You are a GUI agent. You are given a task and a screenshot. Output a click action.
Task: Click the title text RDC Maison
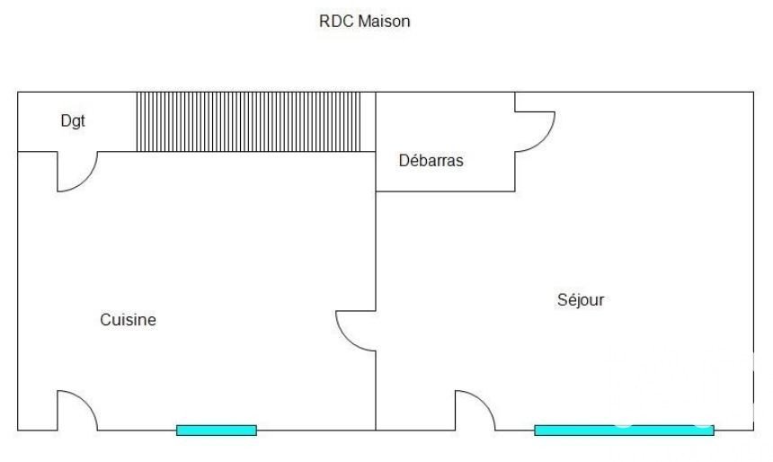[x=364, y=22]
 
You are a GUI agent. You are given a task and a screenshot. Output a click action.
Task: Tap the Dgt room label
[x=73, y=121]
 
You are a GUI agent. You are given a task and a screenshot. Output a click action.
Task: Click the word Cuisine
[x=128, y=319]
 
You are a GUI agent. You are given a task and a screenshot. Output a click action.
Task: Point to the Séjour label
[x=581, y=300]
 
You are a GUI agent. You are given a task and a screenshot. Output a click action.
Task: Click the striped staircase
[x=247, y=121]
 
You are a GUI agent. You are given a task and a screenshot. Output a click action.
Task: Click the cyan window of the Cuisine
[x=217, y=430]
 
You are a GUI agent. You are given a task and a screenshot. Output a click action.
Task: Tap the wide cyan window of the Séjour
[x=624, y=430]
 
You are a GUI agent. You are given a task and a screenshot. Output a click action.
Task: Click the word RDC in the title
[x=335, y=22]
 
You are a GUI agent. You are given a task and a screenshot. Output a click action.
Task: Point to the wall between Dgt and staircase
[x=136, y=121]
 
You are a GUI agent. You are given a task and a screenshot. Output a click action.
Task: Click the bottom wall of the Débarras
[x=445, y=191]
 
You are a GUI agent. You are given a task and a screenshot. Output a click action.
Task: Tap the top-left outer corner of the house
[x=18, y=92]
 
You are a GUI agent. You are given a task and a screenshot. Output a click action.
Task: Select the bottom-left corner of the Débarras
[x=376, y=191]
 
